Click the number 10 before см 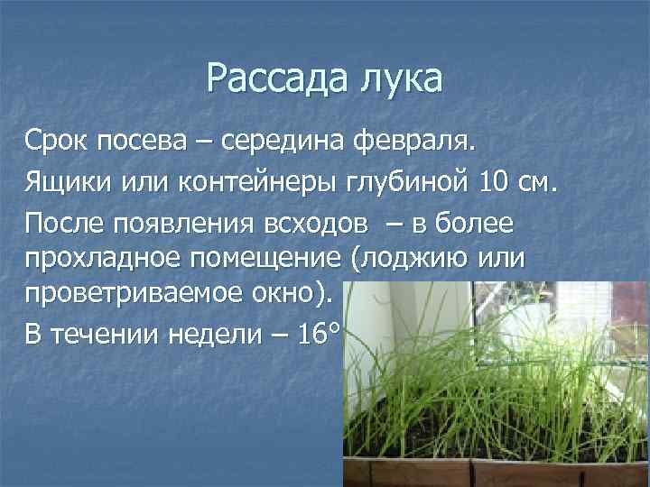point(494,183)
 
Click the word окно point(286,294)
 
